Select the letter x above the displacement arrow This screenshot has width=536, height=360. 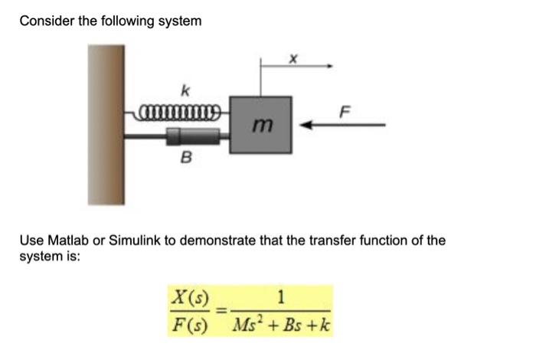coord(293,57)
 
